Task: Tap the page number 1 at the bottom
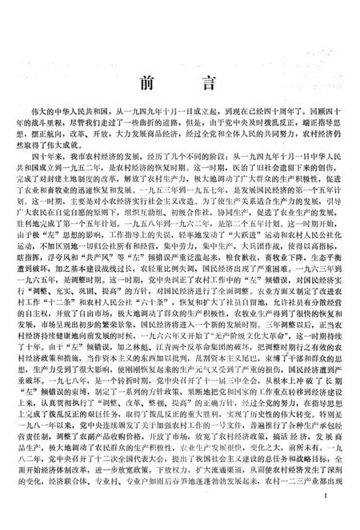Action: coord(339,517)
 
